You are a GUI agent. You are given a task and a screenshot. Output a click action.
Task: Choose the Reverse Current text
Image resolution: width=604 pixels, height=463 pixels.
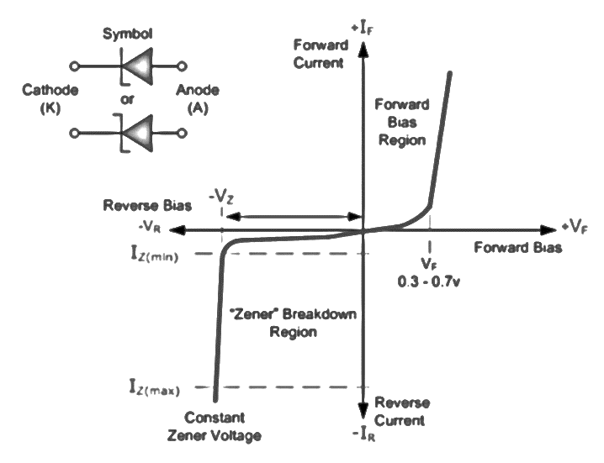click(400, 410)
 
